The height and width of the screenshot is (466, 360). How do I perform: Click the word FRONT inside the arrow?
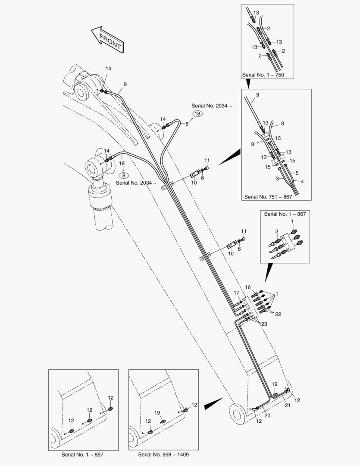coord(110,41)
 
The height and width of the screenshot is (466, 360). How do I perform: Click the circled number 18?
coord(197,113)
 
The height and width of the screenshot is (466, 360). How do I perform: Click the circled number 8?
coord(123,175)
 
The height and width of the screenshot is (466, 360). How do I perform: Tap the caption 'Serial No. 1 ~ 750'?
coord(263,75)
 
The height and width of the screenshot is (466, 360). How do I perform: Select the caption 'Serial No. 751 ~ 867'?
coord(268,197)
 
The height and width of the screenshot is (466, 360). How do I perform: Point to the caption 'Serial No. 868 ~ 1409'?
coord(163,454)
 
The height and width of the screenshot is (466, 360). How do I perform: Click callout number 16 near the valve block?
coord(248,287)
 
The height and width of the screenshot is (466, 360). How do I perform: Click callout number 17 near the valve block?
coord(236,293)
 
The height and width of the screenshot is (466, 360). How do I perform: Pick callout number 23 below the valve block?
coord(264,324)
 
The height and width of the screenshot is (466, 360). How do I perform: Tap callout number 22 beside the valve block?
coord(278,314)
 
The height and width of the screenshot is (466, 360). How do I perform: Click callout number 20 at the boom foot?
coord(267,416)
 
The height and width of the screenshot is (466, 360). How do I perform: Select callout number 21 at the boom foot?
coord(288,405)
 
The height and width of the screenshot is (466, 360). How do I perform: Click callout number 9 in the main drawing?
coord(125,85)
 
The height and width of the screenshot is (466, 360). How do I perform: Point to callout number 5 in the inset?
coord(297,173)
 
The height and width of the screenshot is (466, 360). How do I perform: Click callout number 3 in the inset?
coord(277,179)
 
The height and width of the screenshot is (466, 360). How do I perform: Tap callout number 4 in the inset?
coord(302,181)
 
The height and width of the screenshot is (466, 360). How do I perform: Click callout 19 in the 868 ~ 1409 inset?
coord(157,413)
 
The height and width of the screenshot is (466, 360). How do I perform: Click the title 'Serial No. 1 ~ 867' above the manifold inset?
coord(285,214)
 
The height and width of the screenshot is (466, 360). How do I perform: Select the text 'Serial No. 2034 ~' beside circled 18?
coord(212,106)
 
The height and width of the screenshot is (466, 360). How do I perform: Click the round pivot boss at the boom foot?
coord(237,414)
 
